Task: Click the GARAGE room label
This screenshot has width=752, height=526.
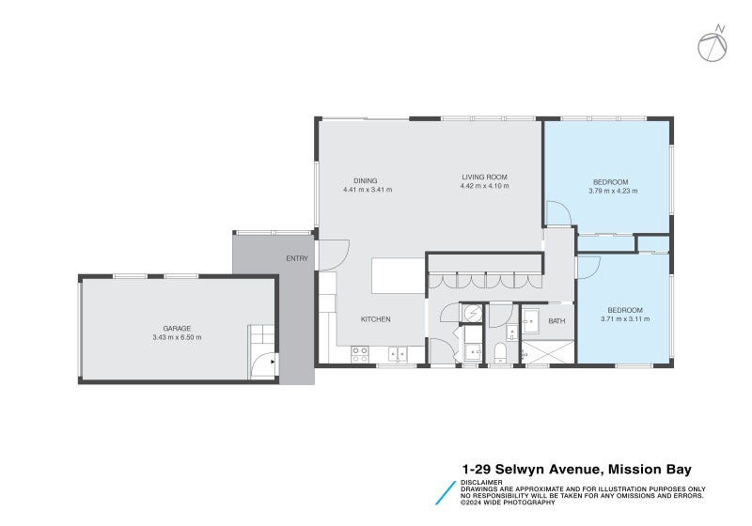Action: click(177, 329)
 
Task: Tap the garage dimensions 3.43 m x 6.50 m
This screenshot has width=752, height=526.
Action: click(177, 338)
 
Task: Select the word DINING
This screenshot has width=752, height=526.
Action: click(366, 181)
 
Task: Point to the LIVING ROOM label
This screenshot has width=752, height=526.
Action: click(484, 178)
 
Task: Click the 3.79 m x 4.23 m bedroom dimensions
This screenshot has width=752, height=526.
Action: click(613, 191)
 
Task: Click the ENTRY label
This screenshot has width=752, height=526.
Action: click(297, 259)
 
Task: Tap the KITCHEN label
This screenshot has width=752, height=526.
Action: click(375, 319)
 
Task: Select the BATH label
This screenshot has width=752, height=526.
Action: click(557, 321)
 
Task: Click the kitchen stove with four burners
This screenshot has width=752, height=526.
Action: click(359, 354)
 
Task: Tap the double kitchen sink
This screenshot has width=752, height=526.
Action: click(398, 354)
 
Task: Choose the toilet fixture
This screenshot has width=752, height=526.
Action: click(500, 353)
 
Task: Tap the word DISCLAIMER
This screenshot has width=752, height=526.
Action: click(480, 483)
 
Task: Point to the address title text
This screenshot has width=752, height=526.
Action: click(582, 468)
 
